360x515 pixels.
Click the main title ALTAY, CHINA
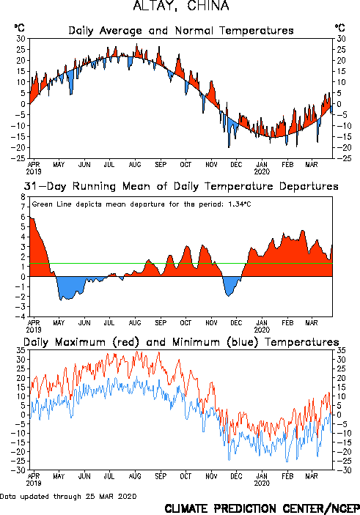pos(181,6)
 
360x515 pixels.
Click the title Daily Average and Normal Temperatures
pos(181,31)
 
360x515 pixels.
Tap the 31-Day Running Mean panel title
pos(181,186)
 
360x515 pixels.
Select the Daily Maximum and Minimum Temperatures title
pos(181,342)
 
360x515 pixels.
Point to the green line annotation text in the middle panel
pos(142,204)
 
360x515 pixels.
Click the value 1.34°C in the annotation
pos(240,204)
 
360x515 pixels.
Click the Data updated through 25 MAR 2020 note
pos(68,496)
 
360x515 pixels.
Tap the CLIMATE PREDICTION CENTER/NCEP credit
pos(262,508)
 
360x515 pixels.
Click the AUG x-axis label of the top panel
pos(135,164)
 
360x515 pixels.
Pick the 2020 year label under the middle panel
pos(262,330)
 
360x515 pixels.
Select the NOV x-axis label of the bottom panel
pos(211,476)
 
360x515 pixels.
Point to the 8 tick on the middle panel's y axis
pos(23,197)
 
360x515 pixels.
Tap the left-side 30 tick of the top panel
pos(21,38)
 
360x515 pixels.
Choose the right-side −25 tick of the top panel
pos(342,158)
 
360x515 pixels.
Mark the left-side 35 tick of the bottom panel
pos(21,350)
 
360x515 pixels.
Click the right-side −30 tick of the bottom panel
pos(342,470)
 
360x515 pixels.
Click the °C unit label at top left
pos(19,28)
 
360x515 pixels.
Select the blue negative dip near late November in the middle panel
pos(230,285)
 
